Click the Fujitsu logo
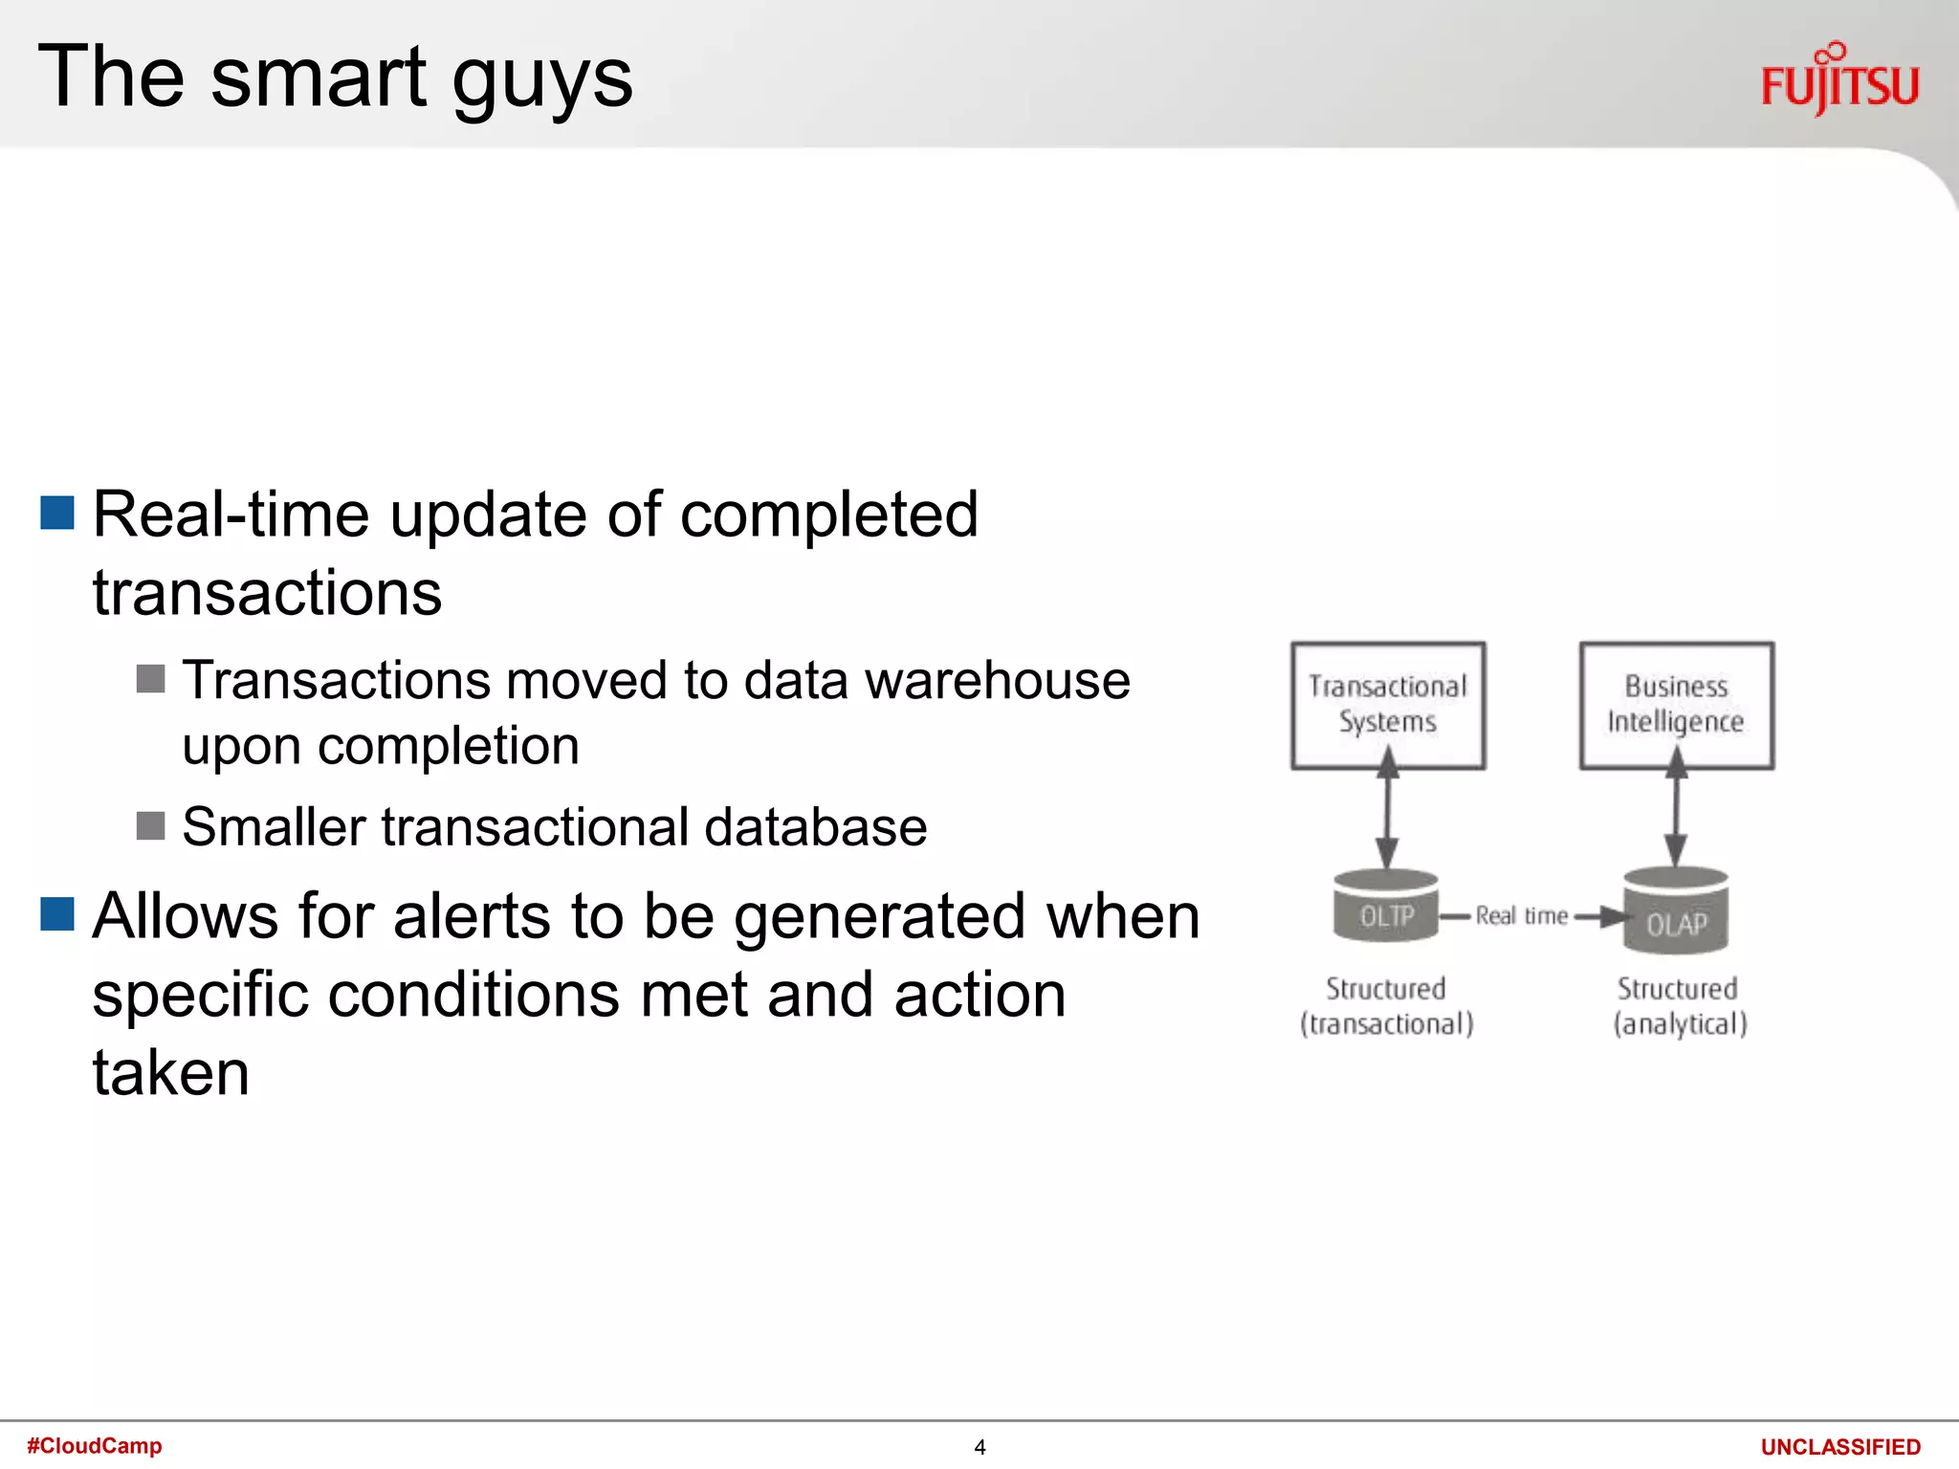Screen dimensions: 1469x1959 point(1839,80)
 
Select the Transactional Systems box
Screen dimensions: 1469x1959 point(1387,705)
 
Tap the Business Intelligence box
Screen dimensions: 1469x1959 point(1676,705)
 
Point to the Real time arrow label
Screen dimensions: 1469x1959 point(1521,916)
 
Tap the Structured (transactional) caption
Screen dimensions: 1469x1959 point(1386,1006)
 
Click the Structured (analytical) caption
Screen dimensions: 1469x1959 point(1679,1006)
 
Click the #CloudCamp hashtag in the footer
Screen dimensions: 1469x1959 point(94,1445)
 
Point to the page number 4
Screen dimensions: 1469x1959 point(979,1447)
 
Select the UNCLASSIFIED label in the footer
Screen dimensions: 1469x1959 point(1840,1447)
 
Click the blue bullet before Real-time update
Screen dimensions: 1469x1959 point(57,513)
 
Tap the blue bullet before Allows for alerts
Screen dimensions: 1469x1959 point(57,913)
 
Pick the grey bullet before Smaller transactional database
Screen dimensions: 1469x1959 point(150,825)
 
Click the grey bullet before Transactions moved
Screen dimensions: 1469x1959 point(150,679)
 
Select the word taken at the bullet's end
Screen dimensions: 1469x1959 point(170,1073)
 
